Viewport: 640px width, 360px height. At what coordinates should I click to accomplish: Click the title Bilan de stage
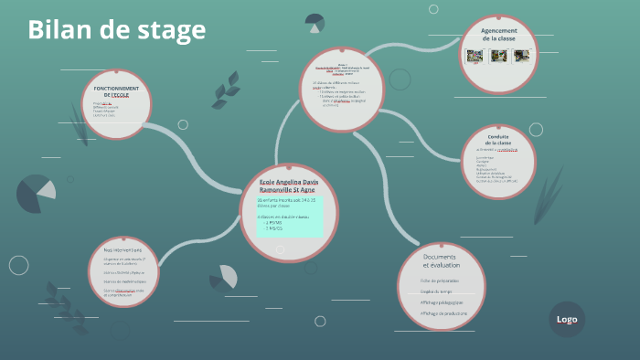[x=116, y=30]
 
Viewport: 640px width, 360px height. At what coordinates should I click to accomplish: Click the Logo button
[x=567, y=319]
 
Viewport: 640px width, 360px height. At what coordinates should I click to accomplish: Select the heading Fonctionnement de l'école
[x=115, y=91]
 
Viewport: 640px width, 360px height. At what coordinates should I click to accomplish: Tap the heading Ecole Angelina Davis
[x=289, y=186]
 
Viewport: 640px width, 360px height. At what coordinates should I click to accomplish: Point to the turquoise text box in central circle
[x=289, y=217]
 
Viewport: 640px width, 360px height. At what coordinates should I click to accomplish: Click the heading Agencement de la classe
[x=499, y=35]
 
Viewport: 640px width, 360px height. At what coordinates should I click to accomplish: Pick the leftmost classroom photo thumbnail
[x=475, y=56]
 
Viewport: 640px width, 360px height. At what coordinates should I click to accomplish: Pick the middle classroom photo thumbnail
[x=498, y=56]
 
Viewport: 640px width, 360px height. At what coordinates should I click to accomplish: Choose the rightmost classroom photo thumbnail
[x=523, y=56]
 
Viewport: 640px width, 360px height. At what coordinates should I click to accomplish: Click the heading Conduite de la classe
[x=498, y=140]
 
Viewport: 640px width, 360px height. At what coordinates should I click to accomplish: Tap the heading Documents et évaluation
[x=441, y=260]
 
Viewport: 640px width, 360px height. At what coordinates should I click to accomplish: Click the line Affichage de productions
[x=443, y=313]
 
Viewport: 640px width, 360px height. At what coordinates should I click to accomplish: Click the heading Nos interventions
[x=123, y=249]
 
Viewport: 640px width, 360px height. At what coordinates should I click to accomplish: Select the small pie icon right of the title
[x=315, y=22]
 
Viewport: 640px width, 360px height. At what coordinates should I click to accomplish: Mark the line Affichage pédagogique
[x=443, y=302]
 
